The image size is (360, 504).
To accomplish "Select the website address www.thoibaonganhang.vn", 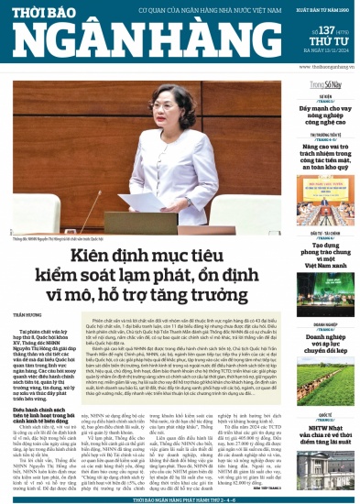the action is (318, 68).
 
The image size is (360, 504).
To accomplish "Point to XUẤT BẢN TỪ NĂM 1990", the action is (322, 11).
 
